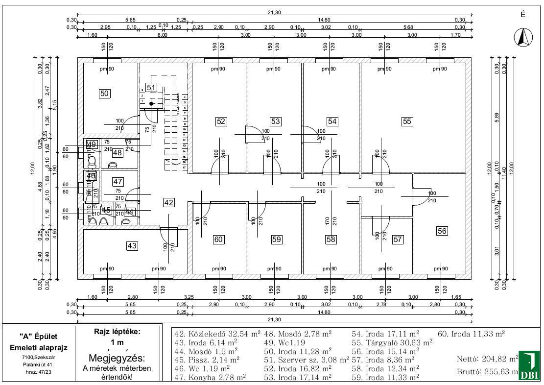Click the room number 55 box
tap(407, 121)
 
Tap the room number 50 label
tap(104, 94)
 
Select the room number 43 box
tap(132, 246)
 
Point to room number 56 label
tap(442, 231)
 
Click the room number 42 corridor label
tap(169, 202)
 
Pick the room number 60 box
tap(218, 240)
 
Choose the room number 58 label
tap(331, 240)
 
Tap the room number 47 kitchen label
tap(118, 181)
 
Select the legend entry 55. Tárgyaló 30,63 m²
tap(392, 342)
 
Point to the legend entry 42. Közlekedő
tap(217, 334)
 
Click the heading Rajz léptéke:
tap(117, 332)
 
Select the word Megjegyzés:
tap(117, 359)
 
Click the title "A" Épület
tap(39, 337)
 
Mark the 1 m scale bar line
tap(118, 350)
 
